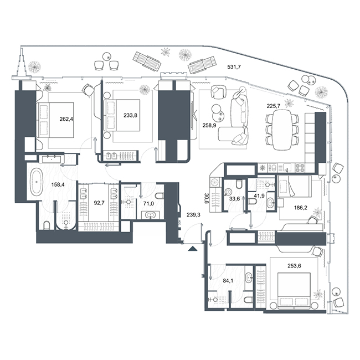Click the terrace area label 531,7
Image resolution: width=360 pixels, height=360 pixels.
(234, 67)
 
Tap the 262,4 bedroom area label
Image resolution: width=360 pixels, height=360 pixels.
(66, 119)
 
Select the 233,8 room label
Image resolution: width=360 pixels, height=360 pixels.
(130, 115)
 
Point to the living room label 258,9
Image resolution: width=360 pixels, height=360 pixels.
(209, 125)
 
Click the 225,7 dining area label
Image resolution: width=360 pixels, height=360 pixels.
(274, 106)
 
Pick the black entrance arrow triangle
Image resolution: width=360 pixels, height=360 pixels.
(193, 249)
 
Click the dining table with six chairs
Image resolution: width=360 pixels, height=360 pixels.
(282, 130)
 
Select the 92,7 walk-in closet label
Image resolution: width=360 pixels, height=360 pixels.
(99, 203)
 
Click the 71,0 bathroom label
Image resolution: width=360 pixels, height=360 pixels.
(148, 203)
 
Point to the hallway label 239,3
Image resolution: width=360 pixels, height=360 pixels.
(193, 215)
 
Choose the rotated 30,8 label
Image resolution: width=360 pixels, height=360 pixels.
(206, 198)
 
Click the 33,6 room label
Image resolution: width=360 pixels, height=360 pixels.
(235, 199)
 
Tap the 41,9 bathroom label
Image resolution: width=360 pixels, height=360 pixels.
(259, 196)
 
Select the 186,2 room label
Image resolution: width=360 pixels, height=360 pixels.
(301, 208)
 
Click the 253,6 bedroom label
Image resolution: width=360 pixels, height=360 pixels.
(294, 266)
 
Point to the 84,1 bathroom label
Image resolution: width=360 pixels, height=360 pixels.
(228, 280)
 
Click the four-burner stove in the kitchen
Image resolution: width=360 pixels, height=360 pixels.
(300, 168)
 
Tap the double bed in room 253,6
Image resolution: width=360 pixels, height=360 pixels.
(294, 290)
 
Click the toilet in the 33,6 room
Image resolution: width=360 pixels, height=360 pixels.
(239, 184)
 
